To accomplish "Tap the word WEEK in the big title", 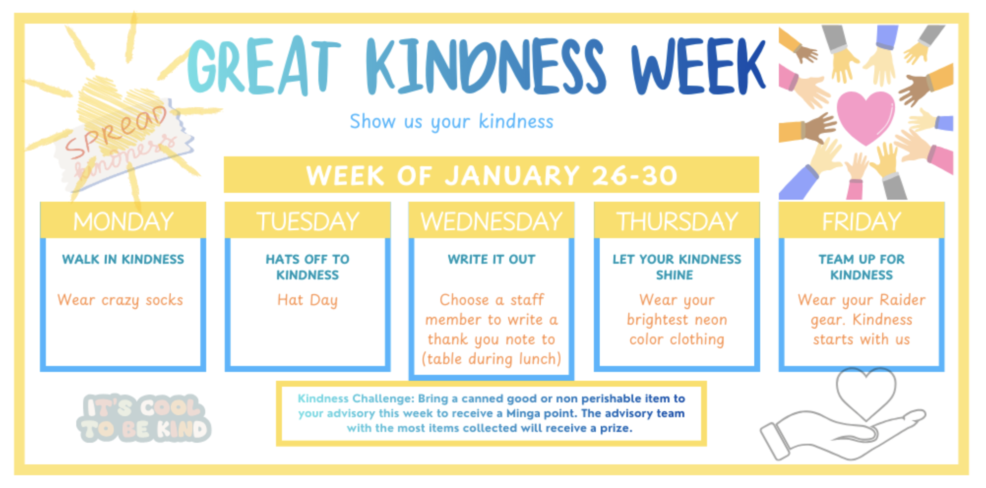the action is (699, 66).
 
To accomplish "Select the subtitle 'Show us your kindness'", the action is (451, 122).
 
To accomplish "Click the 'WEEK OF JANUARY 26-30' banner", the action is (491, 175).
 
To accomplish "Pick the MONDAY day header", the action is (123, 221).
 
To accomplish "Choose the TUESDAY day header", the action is (308, 221).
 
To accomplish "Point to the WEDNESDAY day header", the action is (492, 221).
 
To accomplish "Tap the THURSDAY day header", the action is (677, 221).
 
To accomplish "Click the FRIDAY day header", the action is (862, 221).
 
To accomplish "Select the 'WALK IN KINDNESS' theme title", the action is (123, 259).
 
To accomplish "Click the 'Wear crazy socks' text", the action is (120, 300).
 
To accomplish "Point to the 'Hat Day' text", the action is (308, 300).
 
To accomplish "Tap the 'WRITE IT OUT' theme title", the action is (492, 259).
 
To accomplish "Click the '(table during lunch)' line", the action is (492, 359).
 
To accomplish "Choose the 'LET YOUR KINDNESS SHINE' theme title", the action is (677, 267).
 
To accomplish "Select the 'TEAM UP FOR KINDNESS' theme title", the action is (862, 267).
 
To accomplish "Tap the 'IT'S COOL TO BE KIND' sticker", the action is (144, 418).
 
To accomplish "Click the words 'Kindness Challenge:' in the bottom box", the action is (356, 398).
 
